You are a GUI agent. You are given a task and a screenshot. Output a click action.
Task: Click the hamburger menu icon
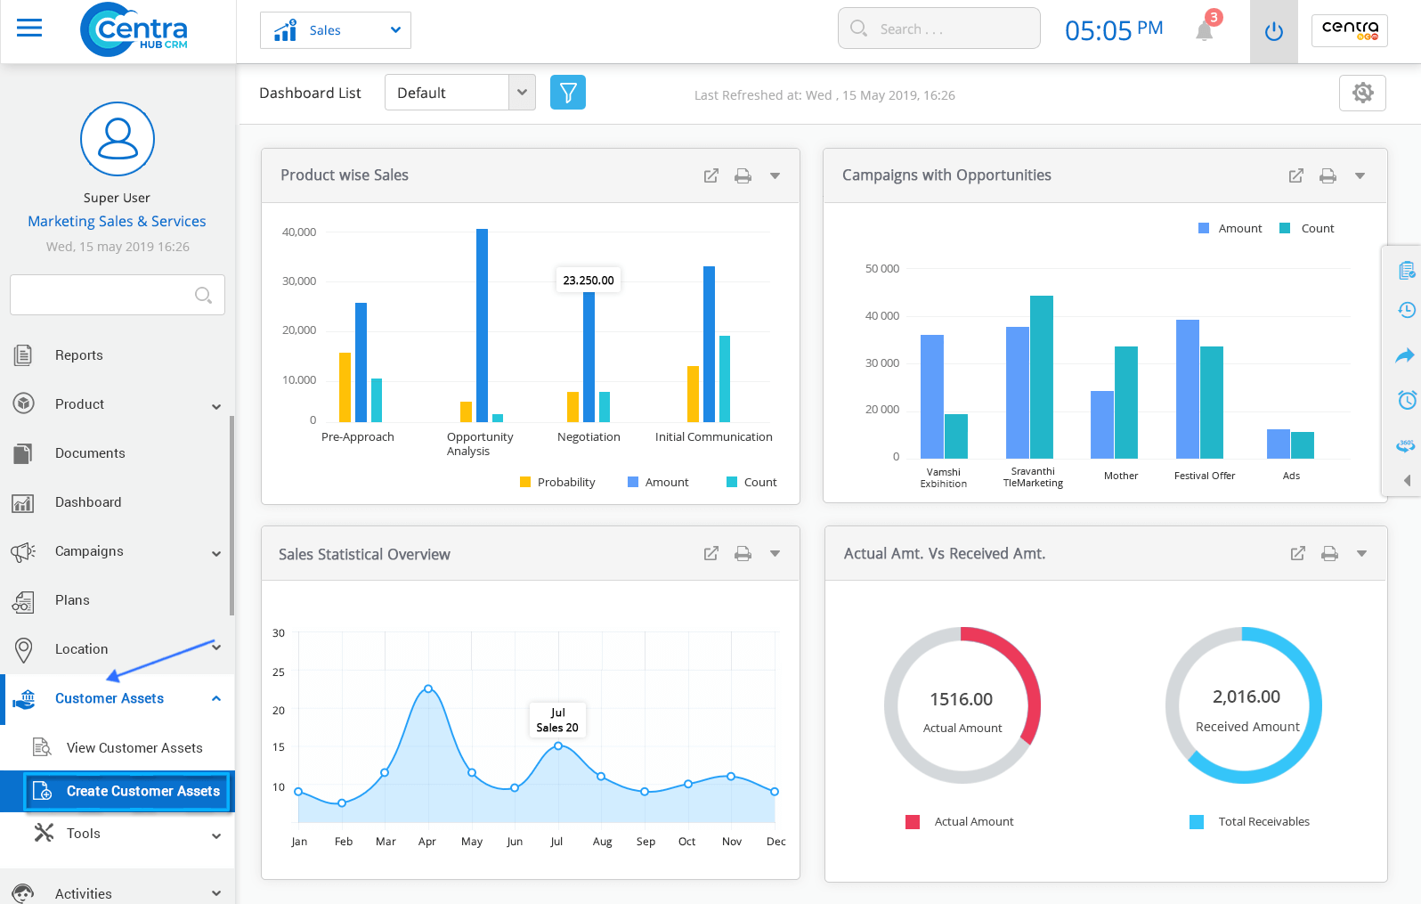[29, 29]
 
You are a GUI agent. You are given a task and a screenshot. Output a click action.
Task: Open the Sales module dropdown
[336, 30]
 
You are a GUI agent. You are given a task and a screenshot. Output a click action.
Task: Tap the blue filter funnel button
[568, 93]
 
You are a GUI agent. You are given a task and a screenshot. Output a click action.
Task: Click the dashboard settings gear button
[1362, 93]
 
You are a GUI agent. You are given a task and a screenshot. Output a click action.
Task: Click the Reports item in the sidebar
[78, 355]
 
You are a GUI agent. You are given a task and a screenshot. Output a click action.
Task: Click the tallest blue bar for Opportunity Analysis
[482, 325]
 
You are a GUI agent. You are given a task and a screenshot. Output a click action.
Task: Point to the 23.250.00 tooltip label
[589, 280]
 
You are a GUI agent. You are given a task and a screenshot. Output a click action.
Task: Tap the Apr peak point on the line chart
[428, 688]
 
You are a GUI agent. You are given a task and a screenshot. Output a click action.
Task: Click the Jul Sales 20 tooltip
[557, 720]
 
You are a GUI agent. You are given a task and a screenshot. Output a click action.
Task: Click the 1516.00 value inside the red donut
[961, 699]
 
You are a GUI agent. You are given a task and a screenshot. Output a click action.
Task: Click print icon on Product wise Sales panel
[743, 175]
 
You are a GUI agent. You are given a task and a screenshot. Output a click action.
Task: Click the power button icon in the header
[1273, 31]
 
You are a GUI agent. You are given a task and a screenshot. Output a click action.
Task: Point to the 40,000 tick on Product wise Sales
[299, 232]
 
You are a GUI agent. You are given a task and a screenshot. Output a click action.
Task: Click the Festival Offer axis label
[1204, 476]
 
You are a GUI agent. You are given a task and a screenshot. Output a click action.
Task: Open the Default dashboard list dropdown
[459, 93]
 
